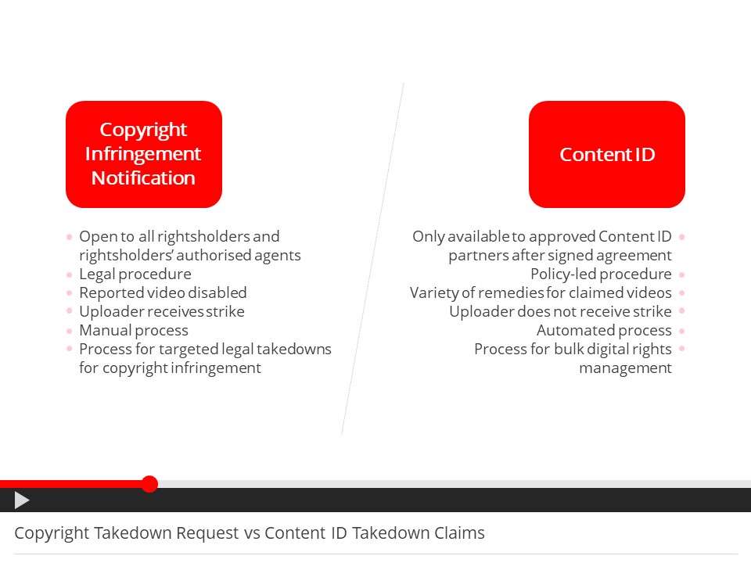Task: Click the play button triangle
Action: [x=22, y=500]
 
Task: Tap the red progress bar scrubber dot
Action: [x=150, y=484]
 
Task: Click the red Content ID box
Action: [x=607, y=154]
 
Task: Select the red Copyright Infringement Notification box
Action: [x=144, y=154]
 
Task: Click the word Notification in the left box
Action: [x=143, y=178]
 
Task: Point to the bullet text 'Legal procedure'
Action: [x=135, y=274]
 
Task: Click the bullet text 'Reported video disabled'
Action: [x=163, y=292]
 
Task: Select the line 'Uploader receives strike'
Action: [x=162, y=311]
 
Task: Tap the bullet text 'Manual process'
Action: [x=134, y=330]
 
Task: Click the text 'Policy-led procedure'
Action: [x=601, y=274]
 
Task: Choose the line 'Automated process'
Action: [x=604, y=330]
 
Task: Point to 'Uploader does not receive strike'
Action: [x=560, y=311]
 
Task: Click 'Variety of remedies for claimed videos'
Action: [x=541, y=292]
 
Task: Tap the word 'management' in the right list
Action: [x=626, y=368]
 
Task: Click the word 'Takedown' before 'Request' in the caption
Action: [x=133, y=533]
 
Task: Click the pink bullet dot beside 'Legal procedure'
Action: [x=70, y=274]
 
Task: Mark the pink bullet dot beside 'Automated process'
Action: [x=681, y=331]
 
